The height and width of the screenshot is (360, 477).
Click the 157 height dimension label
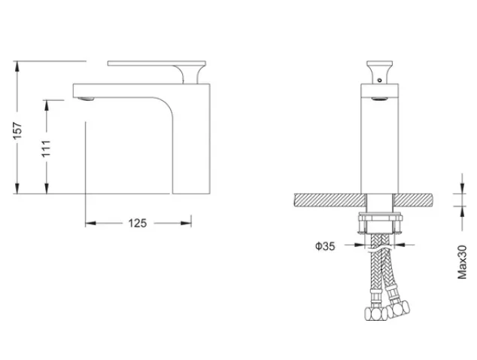17,130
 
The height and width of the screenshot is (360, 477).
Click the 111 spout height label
46,148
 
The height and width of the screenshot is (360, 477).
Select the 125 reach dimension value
138,223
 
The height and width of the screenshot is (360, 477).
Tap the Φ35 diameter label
325,246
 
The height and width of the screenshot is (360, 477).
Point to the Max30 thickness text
462,262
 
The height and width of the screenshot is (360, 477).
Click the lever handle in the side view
156,72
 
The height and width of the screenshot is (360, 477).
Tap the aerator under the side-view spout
86,99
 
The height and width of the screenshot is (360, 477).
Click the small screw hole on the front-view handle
379,81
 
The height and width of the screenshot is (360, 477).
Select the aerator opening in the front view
380,99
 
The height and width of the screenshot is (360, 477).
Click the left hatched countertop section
330,200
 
